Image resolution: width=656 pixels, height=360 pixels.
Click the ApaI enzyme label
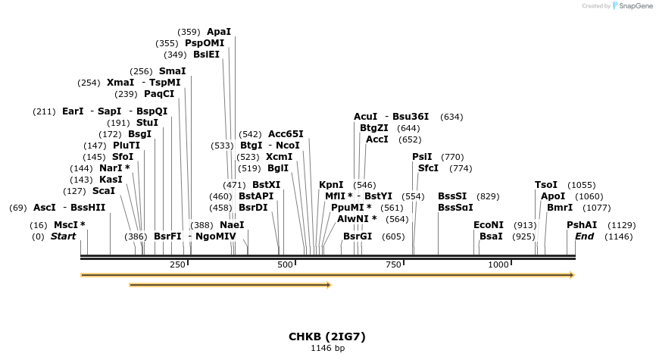click(218, 32)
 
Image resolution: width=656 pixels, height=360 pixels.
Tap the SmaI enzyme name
click(172, 71)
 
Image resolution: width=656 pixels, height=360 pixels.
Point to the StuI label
click(147, 123)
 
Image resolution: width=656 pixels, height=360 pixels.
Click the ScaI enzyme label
click(103, 191)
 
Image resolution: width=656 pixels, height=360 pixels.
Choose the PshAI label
click(582, 225)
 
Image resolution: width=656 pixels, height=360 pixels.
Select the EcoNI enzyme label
click(488, 225)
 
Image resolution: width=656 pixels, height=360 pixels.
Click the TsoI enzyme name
click(545, 185)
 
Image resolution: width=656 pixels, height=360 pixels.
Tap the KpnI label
click(331, 185)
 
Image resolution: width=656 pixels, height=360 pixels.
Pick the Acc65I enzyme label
click(286, 134)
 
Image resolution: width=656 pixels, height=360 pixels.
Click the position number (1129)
click(623, 225)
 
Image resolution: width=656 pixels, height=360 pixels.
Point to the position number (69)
click(18, 208)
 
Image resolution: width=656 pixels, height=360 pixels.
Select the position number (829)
click(488, 196)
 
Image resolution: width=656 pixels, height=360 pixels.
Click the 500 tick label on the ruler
click(285, 265)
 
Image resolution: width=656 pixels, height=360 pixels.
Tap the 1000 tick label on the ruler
click(498, 265)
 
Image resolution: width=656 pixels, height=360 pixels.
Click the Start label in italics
click(63, 236)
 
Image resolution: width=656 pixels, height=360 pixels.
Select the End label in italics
click(584, 236)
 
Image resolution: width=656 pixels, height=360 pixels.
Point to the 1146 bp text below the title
click(327, 349)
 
